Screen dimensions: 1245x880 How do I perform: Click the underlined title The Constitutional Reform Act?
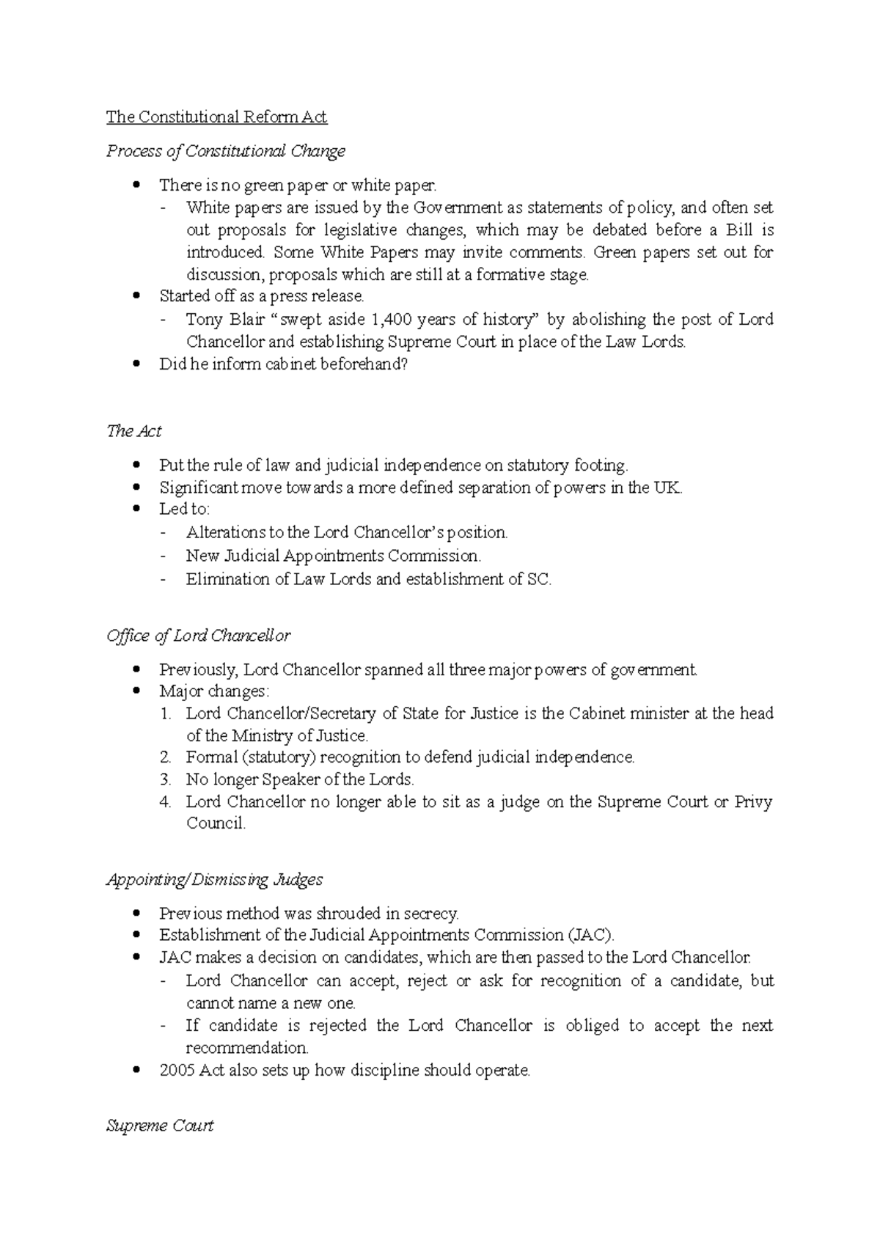click(216, 117)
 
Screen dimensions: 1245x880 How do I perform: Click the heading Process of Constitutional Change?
click(226, 151)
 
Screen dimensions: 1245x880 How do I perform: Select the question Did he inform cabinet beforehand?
click(282, 364)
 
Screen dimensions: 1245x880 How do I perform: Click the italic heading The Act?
click(134, 431)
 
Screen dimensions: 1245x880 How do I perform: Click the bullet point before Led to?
click(136, 510)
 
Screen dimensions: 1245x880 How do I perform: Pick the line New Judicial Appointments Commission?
click(334, 556)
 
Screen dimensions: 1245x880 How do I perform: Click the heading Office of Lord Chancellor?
click(199, 636)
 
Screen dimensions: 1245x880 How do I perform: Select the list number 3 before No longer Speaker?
click(165, 779)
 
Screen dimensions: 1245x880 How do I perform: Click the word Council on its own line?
click(215, 823)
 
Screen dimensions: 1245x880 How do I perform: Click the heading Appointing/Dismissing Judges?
click(215, 879)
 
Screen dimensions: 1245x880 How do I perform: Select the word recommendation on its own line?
click(246, 1048)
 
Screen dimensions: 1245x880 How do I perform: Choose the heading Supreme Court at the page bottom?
click(160, 1125)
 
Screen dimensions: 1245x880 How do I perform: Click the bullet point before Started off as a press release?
click(136, 297)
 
